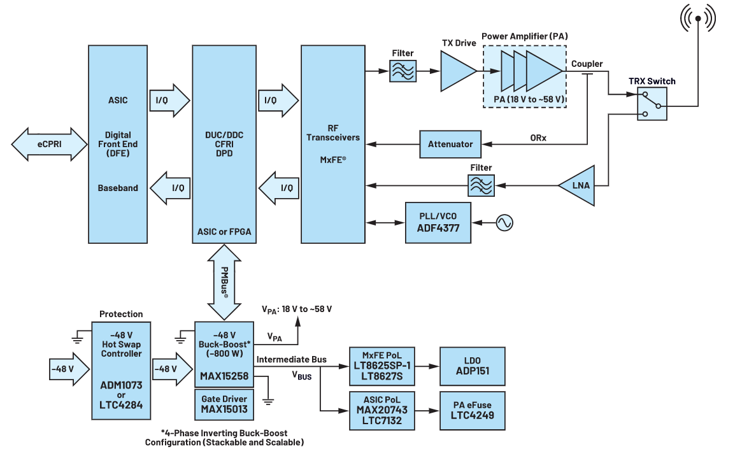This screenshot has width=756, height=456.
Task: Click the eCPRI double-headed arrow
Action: (x=49, y=145)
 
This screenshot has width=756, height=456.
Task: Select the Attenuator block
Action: (x=450, y=144)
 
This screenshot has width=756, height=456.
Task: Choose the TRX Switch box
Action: (x=652, y=103)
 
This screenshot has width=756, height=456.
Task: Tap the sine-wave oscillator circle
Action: (x=504, y=223)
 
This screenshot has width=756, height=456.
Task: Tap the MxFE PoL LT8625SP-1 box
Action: (x=382, y=366)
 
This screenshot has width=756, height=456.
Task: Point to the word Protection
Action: (x=121, y=314)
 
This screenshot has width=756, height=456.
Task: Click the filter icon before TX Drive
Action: (x=403, y=71)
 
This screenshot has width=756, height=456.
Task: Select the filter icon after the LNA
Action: (x=481, y=185)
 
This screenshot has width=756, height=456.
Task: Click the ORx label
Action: (x=538, y=138)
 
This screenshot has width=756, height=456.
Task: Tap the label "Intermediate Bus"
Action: (x=291, y=360)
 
